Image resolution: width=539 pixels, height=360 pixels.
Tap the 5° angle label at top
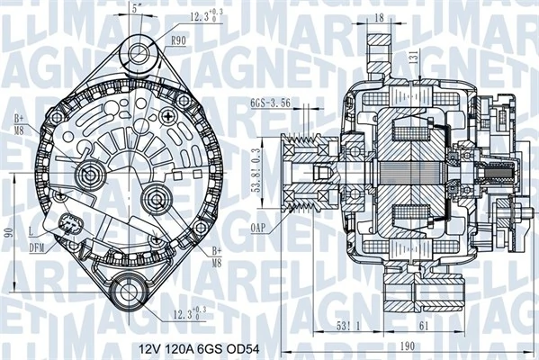pos(135,8)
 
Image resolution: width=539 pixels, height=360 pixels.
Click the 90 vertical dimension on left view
pos(8,232)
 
